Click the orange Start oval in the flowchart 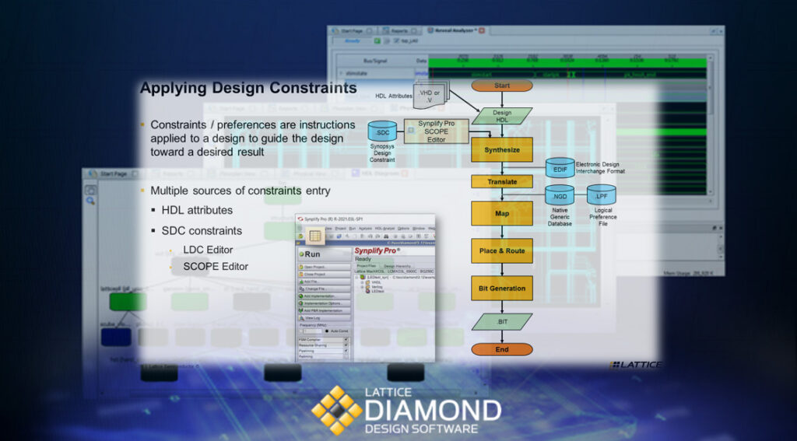click(502, 86)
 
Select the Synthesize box click(502, 149)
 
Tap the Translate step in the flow click(502, 182)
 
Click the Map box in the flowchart click(502, 213)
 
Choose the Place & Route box click(502, 251)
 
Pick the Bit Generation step click(502, 289)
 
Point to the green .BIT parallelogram click(502, 320)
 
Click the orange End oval click(502, 349)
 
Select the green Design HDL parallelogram click(502, 117)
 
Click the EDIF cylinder click(560, 169)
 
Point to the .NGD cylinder click(560, 196)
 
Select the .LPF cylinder click(602, 196)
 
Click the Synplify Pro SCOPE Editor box click(437, 131)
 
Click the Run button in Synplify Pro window click(311, 254)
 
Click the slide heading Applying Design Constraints click(248, 89)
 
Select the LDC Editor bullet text click(208, 250)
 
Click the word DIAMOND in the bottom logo click(434, 411)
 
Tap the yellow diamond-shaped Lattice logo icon click(337, 409)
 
